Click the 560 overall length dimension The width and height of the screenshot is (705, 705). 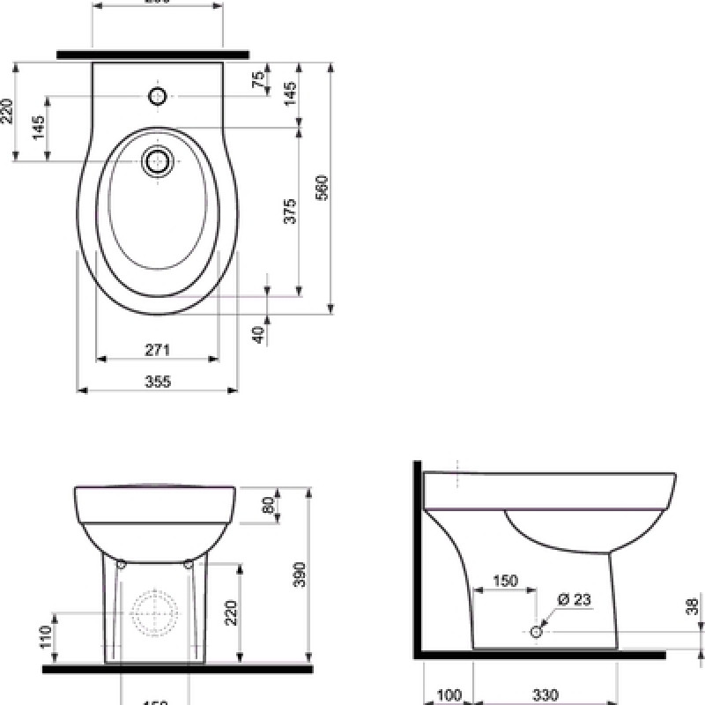322,187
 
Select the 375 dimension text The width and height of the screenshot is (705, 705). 291,211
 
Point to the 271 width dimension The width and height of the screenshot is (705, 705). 157,350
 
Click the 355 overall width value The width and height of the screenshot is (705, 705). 157,381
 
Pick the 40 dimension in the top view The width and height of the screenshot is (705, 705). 258,334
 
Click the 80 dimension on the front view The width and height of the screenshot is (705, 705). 268,505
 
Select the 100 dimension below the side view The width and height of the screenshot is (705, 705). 449,696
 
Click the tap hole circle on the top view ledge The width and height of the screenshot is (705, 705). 158,97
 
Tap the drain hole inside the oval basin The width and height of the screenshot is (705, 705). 158,161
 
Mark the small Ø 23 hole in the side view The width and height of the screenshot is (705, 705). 536,631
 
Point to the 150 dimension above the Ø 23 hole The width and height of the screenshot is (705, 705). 504,581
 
